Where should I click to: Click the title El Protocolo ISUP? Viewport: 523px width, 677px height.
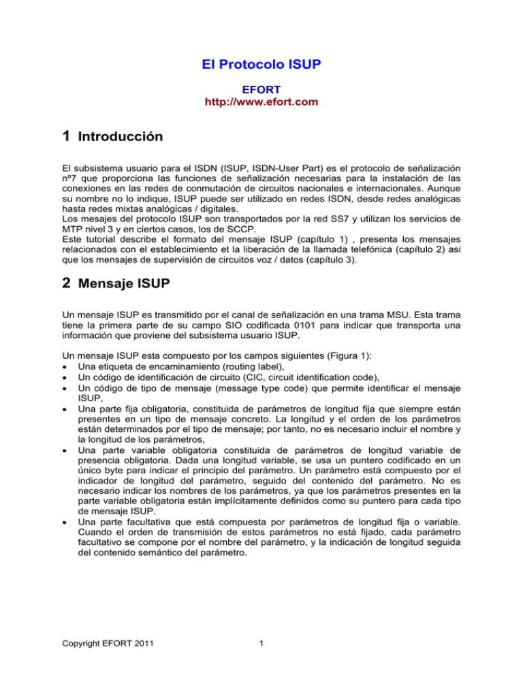coord(261,65)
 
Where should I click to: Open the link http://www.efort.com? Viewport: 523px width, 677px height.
coord(261,102)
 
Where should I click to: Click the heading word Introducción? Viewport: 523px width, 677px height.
coord(121,137)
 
